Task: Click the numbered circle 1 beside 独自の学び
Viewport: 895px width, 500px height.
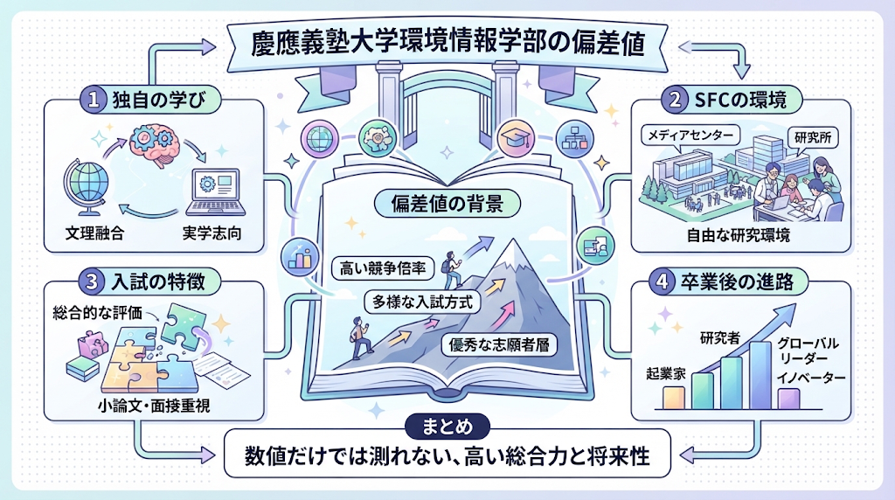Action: (x=94, y=100)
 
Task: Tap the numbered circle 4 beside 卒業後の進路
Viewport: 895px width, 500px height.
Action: (x=663, y=282)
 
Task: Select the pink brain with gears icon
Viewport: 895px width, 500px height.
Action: (x=154, y=144)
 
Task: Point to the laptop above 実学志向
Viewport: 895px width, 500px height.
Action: (x=215, y=192)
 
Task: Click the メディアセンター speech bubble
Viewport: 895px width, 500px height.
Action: (x=690, y=135)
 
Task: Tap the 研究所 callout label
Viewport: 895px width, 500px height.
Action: (x=813, y=137)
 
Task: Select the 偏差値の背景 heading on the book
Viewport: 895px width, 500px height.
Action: (x=447, y=204)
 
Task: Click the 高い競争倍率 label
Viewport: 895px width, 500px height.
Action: (x=383, y=268)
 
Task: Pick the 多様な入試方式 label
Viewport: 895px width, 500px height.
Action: (x=422, y=302)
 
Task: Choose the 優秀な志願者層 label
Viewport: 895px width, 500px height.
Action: (x=499, y=344)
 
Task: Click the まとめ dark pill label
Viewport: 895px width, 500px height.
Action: (x=447, y=427)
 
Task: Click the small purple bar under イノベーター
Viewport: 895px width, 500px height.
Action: (x=788, y=399)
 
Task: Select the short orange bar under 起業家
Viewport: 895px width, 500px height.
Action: (x=674, y=398)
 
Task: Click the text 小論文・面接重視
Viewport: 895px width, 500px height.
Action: (x=154, y=406)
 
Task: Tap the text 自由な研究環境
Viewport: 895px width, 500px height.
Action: (x=738, y=235)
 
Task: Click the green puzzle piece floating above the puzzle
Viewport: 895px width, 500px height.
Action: (x=183, y=323)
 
